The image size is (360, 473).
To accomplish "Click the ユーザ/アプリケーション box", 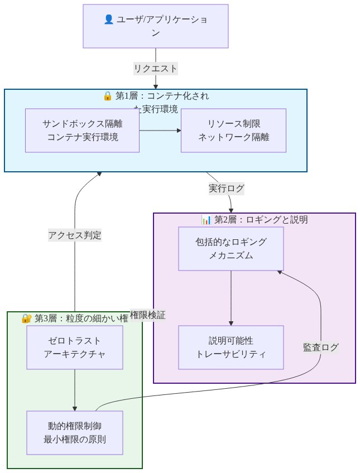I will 156,26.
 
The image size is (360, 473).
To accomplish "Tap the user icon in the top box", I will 109,20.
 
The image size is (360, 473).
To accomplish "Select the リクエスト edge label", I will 155,69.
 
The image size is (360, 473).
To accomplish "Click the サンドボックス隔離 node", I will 82,131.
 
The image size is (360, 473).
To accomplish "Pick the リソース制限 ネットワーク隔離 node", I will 233,131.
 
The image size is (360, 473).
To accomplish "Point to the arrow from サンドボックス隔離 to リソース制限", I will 160,131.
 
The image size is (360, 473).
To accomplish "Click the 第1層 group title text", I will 162,96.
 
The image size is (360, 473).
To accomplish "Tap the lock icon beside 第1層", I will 108,96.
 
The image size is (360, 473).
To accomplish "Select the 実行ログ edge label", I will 226,189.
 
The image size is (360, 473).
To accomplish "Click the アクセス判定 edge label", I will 75,235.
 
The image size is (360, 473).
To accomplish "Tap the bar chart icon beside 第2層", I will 206,220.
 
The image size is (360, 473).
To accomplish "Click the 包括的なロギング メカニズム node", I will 231,249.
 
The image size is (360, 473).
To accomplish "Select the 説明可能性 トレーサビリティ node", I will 231,347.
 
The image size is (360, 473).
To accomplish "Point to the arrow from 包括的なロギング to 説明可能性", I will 231,298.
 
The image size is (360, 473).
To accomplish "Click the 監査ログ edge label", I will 320,347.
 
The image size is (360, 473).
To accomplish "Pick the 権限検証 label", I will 147,315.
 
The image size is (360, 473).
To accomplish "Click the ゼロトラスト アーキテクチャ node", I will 75,347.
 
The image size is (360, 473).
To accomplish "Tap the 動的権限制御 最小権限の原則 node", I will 75,433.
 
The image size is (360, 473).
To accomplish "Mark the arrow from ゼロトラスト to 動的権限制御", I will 75,390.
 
